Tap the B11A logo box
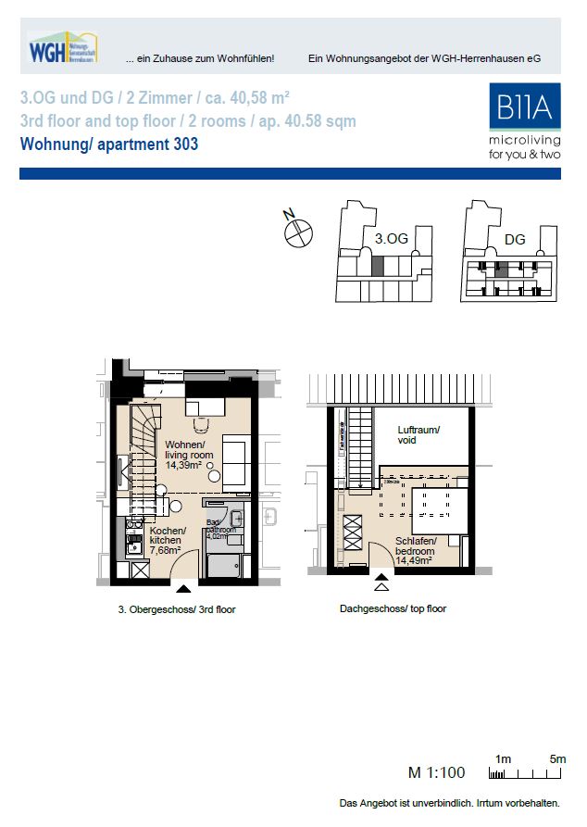pyautogui.click(x=524, y=107)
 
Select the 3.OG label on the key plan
pyautogui.click(x=391, y=239)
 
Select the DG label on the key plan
pyautogui.click(x=515, y=240)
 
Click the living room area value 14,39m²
pyautogui.click(x=183, y=466)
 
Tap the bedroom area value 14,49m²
pyautogui.click(x=413, y=560)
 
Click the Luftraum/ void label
pyautogui.click(x=418, y=435)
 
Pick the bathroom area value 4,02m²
pyautogui.click(x=215, y=536)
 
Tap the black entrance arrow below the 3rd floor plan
pyautogui.click(x=183, y=587)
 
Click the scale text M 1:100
pyautogui.click(x=436, y=772)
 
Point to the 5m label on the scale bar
pyautogui.click(x=557, y=758)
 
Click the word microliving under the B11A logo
pyautogui.click(x=524, y=141)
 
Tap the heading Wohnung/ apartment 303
pyautogui.click(x=109, y=144)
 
